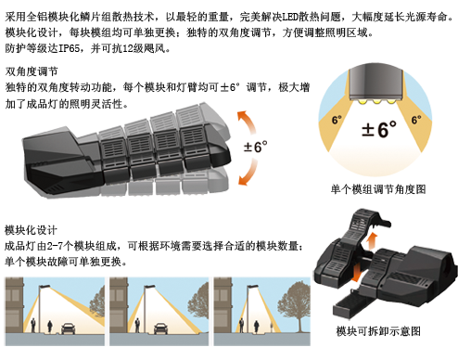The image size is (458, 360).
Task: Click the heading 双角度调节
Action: click(x=32, y=71)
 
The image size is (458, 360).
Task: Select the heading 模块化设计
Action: click(x=31, y=230)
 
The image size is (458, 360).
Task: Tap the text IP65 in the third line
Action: click(x=69, y=48)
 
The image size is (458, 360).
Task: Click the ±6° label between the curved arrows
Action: click(x=255, y=147)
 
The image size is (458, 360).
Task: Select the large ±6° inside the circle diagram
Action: click(x=379, y=129)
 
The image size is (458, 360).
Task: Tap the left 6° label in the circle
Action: click(x=337, y=120)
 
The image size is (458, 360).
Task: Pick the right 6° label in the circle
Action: click(x=416, y=120)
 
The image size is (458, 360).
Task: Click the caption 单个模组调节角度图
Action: click(x=378, y=189)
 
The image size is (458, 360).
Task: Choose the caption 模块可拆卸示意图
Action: click(x=378, y=331)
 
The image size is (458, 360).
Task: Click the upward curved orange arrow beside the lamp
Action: click(x=248, y=122)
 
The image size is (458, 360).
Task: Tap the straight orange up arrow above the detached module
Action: click(x=373, y=240)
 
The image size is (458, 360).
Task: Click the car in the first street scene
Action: click(x=69, y=328)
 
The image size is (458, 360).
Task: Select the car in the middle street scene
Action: click(x=160, y=328)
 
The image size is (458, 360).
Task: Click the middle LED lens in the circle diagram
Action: click(x=376, y=101)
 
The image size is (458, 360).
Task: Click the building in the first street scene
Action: click(x=14, y=305)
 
